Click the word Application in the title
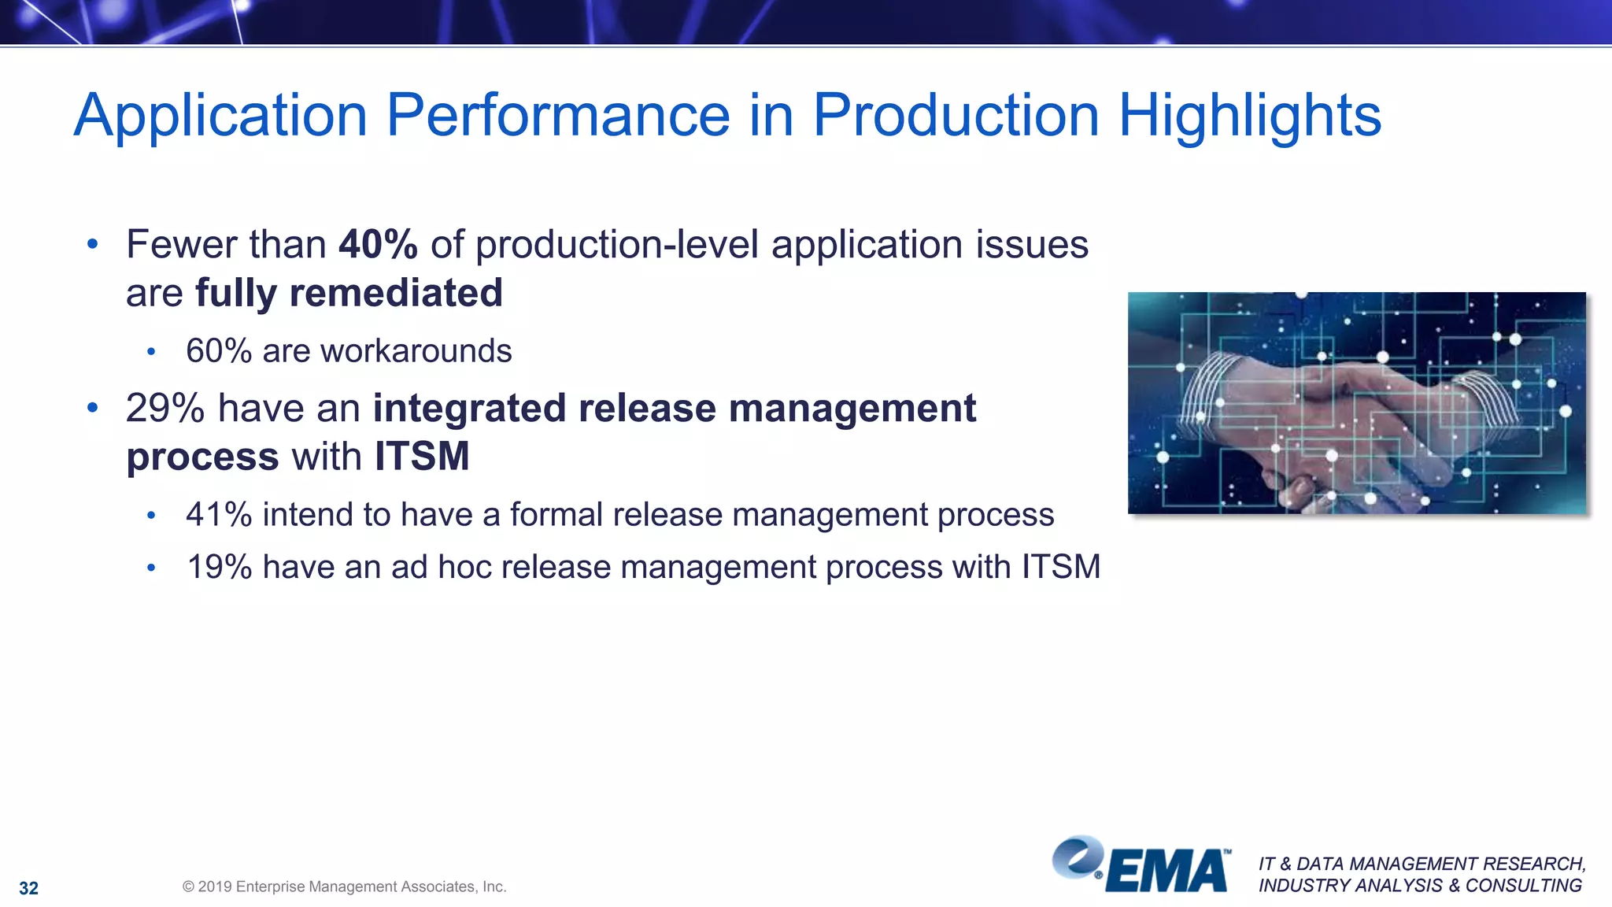pos(220,116)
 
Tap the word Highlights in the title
pos(1249,116)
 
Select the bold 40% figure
pos(378,244)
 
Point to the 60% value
pos(219,351)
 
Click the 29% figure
pos(165,409)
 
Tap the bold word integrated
pos(469,409)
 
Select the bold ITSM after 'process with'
pos(422,457)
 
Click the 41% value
pos(219,515)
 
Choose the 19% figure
pos(219,567)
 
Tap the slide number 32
pos(29,888)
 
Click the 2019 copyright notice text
pos(344,887)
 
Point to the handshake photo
pos(1356,403)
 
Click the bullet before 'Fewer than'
pos(92,244)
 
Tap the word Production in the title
pos(956,116)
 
